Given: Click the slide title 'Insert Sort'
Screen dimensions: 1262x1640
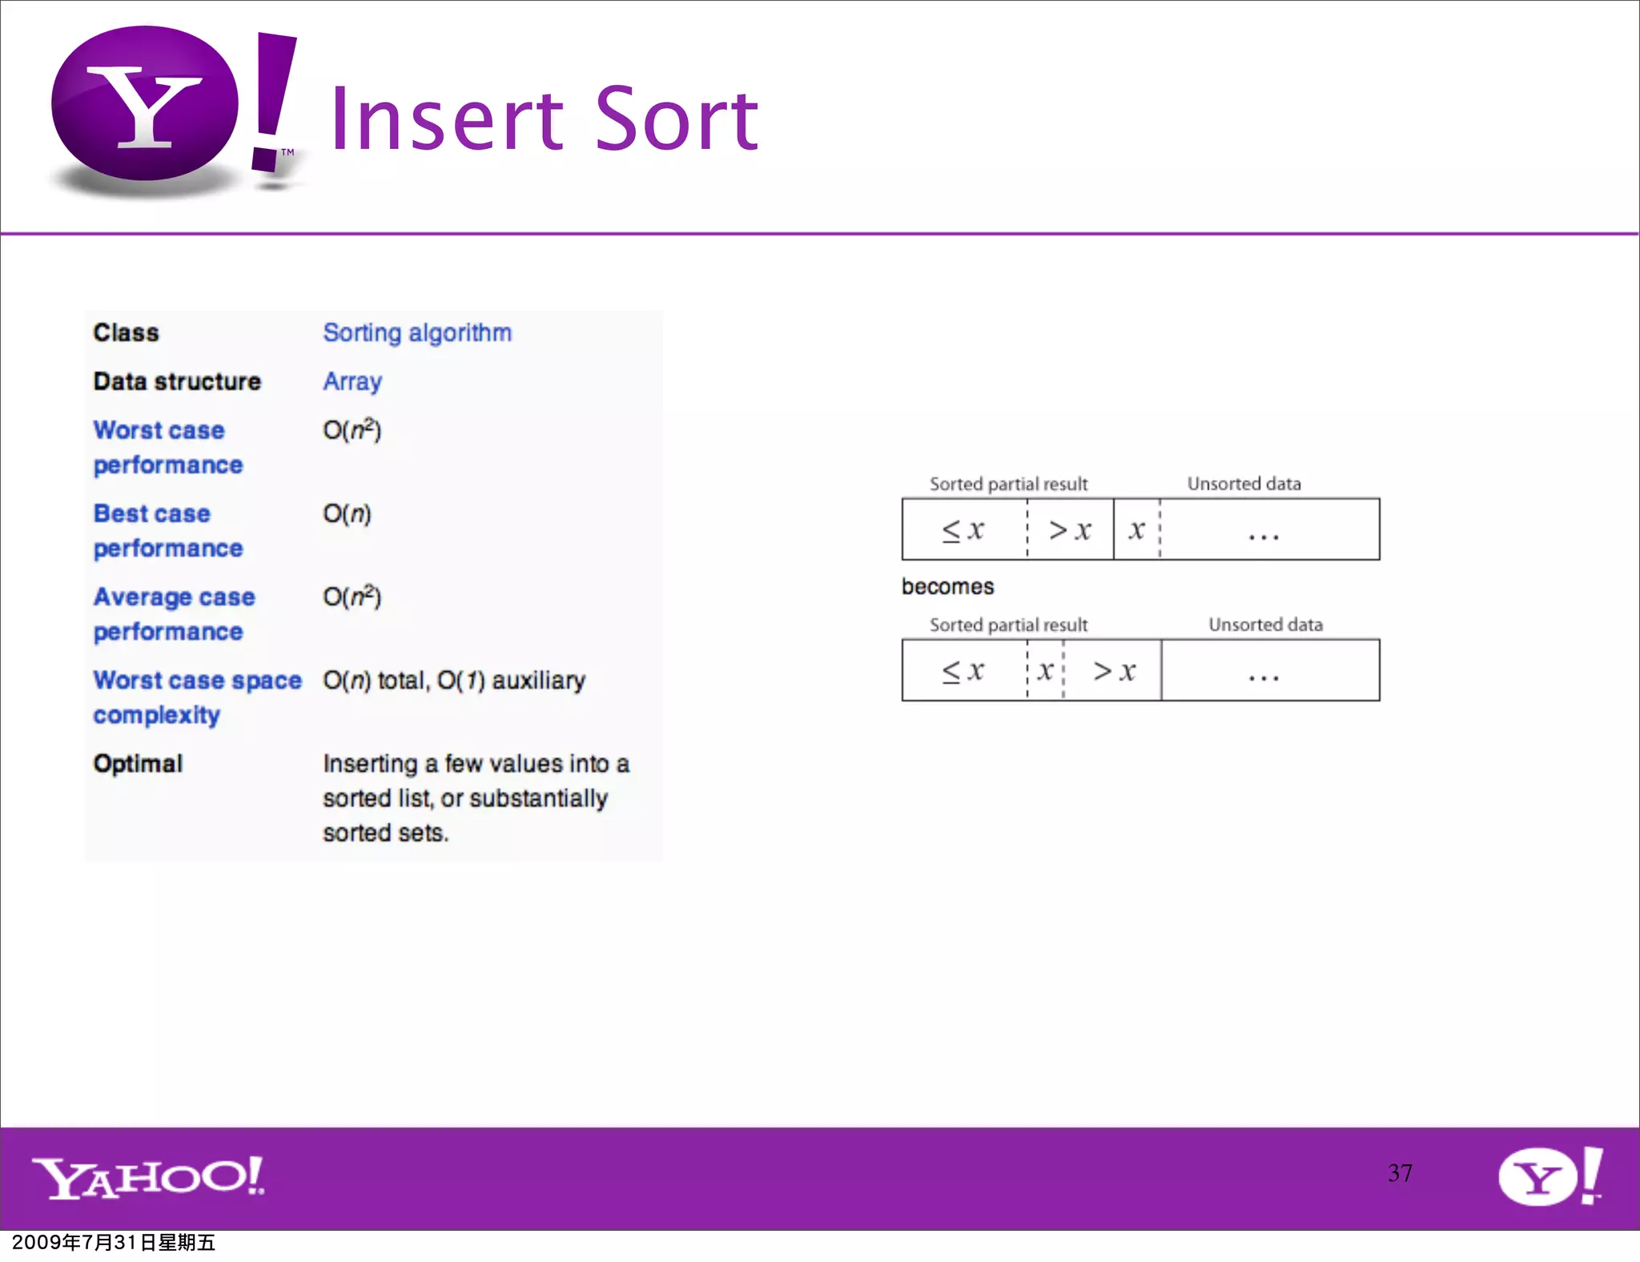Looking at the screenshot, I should pos(544,120).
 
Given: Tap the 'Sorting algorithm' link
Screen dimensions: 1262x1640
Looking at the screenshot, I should pos(417,332).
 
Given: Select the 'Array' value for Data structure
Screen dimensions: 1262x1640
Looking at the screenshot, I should pos(352,381).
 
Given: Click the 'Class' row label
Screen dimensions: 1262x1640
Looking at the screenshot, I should pos(127,332).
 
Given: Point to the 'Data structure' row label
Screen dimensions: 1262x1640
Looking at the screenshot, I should pos(177,381).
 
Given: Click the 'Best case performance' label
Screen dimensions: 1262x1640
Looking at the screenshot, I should pos(167,530).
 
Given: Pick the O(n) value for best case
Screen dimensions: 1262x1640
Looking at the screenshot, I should pos(347,513).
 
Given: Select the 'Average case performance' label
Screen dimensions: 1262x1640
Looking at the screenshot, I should pos(174,614).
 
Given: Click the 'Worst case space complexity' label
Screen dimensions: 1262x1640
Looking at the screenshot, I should pos(197,697).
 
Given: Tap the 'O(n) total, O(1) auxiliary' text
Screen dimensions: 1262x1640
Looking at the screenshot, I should pos(454,681).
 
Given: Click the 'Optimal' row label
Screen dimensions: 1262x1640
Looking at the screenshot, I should pos(138,763).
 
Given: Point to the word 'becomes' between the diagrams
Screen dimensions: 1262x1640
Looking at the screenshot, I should pos(947,586).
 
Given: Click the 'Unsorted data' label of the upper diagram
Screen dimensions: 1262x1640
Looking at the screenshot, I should pos(1244,484).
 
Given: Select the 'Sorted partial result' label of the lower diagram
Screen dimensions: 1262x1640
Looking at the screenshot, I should pos(1008,625).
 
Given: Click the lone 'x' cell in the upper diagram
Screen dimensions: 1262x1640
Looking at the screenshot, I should pos(1136,529).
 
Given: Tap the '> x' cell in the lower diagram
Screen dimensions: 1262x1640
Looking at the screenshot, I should pos(1114,670).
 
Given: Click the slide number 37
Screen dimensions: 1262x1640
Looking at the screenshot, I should pos(1400,1173).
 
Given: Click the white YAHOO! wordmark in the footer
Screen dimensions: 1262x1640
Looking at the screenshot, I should pos(148,1177).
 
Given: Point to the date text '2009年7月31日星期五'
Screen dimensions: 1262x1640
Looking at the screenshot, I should pos(114,1242).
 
